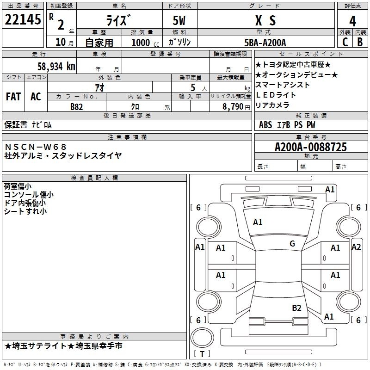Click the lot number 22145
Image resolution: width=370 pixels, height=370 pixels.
(23, 19)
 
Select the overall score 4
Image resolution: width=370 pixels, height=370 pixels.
(352, 21)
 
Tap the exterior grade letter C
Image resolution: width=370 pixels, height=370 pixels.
(345, 42)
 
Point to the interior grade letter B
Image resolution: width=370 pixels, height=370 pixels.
(360, 42)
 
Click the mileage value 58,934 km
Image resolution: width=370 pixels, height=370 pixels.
(56, 66)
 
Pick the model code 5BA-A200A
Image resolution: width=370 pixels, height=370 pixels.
(265, 43)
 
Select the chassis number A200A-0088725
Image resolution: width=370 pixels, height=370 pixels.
(311, 147)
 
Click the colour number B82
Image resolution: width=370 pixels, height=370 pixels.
(77, 107)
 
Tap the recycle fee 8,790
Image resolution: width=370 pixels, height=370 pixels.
(233, 107)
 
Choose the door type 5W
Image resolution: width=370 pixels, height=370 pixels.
(179, 20)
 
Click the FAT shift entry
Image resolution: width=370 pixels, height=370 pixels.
(13, 97)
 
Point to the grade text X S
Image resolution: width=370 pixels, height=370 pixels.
(265, 20)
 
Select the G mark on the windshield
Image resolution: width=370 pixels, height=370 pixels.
(292, 244)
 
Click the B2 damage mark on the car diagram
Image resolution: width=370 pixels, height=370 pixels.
(296, 308)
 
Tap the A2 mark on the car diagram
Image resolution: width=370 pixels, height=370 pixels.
(356, 247)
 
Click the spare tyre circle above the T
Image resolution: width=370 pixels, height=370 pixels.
(202, 338)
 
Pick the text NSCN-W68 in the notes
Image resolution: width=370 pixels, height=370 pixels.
(36, 147)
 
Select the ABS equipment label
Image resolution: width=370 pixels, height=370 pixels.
(265, 125)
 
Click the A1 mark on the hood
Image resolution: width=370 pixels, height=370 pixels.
(258, 222)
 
